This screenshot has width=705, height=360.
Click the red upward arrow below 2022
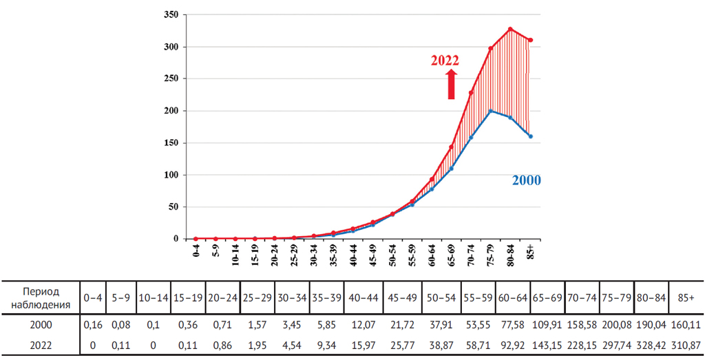[x=452, y=84]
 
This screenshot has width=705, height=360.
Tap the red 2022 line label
[x=445, y=60]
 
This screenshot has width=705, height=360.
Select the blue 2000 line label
[x=526, y=180]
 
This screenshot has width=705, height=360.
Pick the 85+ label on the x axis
[x=529, y=253]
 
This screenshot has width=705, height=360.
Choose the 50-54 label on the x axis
[x=392, y=255]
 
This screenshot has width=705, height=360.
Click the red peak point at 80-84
[x=510, y=29]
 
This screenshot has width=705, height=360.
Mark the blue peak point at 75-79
[x=490, y=111]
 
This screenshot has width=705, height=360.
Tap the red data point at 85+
[x=530, y=40]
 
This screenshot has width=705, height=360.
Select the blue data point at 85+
[x=530, y=136]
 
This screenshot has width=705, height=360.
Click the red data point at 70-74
[x=471, y=93]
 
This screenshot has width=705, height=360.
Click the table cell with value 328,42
[x=651, y=343]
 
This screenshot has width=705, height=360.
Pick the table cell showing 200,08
[x=616, y=325]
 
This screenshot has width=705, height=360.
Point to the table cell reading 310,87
[x=686, y=343]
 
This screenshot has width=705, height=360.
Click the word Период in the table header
[x=40, y=291]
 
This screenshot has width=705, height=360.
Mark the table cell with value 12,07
[x=363, y=325]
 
